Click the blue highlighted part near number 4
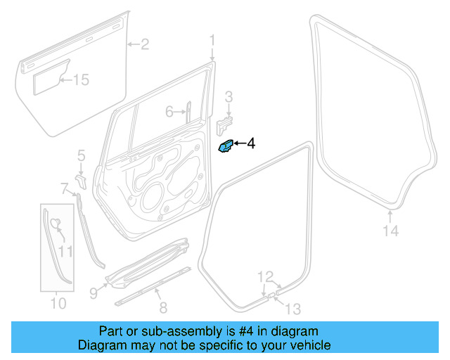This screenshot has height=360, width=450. [226, 147]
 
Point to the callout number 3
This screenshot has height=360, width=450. [229, 96]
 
